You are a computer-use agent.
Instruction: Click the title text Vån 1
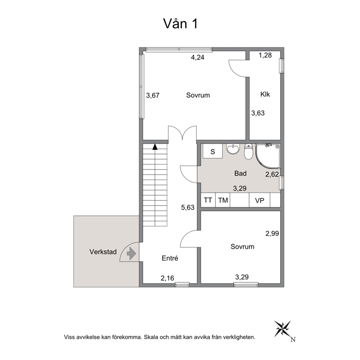[180, 24]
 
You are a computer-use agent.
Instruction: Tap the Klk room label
[265, 94]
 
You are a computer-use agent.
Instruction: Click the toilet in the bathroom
[248, 151]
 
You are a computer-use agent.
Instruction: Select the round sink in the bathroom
[233, 149]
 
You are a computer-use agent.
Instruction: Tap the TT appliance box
[208, 200]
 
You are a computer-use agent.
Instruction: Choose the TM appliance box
[223, 200]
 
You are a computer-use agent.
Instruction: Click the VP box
[259, 200]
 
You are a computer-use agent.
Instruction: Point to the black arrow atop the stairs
[155, 147]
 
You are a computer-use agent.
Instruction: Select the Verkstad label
[103, 252]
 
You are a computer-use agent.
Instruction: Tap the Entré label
[170, 258]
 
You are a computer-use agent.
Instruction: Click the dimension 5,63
[188, 208]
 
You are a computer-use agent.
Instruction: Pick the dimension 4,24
[198, 57]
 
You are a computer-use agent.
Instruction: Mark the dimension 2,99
[272, 233]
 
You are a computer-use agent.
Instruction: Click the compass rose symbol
[283, 329]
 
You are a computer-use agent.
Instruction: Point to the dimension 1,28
[265, 55]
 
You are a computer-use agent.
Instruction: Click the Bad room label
[240, 173]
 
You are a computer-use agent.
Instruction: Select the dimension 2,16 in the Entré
[167, 278]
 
